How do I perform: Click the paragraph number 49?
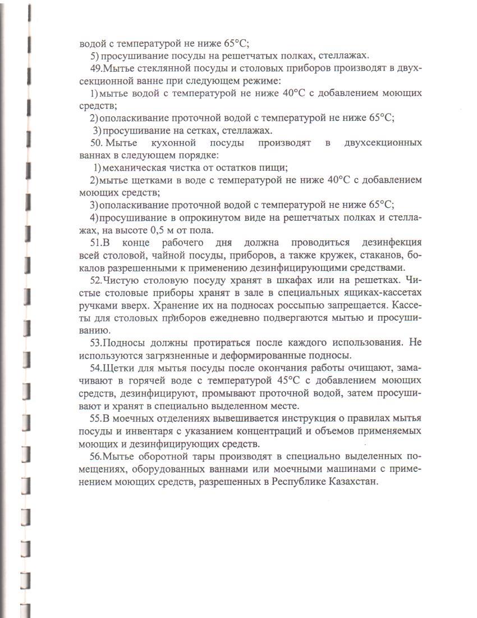pos(96,68)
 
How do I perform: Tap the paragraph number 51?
pos(96,242)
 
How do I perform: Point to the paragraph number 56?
pos(96,456)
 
